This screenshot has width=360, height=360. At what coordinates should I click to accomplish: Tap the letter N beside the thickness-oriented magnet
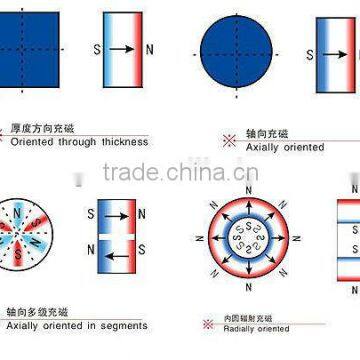click(150, 48)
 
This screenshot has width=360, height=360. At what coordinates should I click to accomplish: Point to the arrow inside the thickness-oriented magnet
click(121, 48)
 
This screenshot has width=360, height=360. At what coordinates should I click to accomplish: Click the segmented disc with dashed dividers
click(33, 236)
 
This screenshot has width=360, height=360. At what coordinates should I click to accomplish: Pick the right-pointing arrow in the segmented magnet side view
click(116, 213)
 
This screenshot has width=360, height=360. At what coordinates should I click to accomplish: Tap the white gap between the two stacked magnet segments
click(116, 236)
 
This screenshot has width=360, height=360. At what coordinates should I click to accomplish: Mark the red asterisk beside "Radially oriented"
click(206, 322)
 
